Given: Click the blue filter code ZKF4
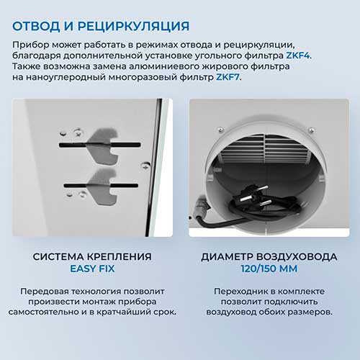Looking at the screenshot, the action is tap(297, 55).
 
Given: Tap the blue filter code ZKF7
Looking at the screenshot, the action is tap(228, 77).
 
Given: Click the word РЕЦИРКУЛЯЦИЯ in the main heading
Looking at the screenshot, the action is tap(134, 27).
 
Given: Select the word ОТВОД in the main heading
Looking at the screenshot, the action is tap(36, 26).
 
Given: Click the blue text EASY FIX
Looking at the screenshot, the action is tap(92, 269).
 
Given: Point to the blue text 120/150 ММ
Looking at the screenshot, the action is tap(269, 269).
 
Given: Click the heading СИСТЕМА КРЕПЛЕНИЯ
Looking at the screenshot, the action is tap(92, 257).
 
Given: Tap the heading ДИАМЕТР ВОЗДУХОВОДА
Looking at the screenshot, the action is tap(269, 257).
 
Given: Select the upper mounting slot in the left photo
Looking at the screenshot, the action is tap(99, 145).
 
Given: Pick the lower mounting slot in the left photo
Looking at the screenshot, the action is tap(101, 186).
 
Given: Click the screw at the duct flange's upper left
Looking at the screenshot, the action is tap(220, 130).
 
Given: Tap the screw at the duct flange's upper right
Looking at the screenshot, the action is tap(311, 130).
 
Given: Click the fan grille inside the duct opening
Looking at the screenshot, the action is tap(264, 149).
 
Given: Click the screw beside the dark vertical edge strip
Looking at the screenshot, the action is tap(145, 165).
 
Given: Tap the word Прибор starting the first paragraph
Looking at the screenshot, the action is tap(31, 45).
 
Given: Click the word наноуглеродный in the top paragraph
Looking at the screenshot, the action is tap(66, 78).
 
